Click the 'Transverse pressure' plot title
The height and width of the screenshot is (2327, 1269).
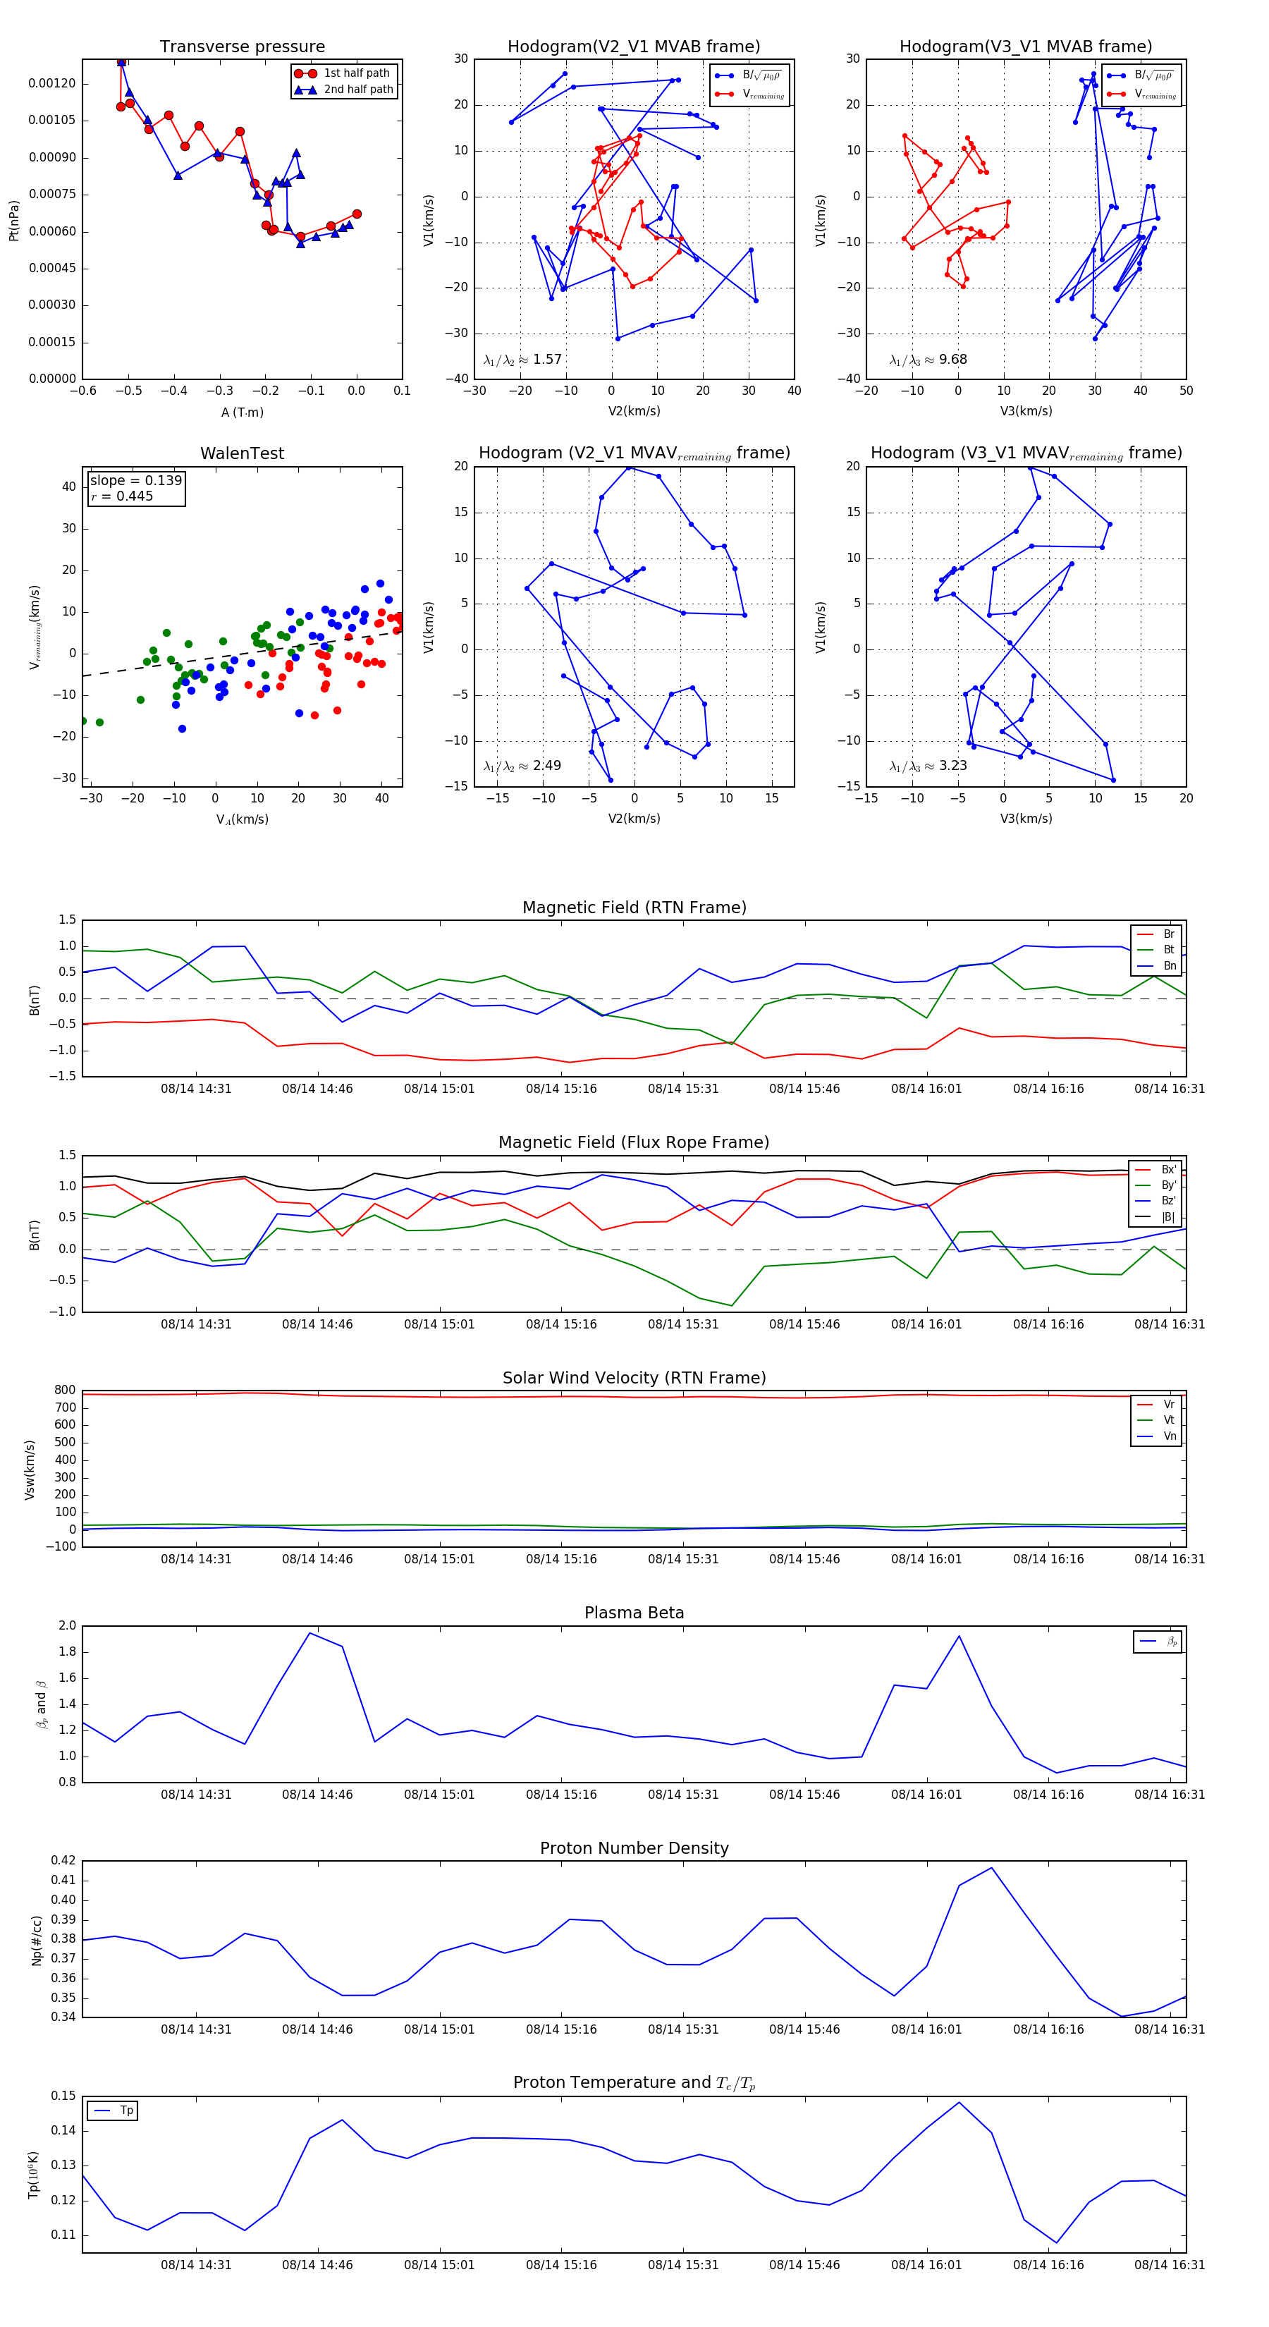242,47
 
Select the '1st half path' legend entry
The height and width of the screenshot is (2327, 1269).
356,73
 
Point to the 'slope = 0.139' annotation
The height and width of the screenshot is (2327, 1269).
135,481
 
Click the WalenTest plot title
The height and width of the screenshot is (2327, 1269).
242,453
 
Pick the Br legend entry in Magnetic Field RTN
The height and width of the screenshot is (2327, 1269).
1168,934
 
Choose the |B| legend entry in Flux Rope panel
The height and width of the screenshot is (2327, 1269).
1168,1217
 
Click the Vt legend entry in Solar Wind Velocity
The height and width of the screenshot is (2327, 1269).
1169,1420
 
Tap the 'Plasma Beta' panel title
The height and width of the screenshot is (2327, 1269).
634,1613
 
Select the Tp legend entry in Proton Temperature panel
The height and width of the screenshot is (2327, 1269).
126,2111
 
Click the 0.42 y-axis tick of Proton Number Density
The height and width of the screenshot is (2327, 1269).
63,1860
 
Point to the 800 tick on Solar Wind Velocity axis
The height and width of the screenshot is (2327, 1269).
65,1391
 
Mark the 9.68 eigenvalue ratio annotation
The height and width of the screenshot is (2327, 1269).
952,360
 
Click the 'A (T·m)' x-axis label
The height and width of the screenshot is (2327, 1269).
242,412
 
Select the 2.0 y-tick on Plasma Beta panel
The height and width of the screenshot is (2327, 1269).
67,1625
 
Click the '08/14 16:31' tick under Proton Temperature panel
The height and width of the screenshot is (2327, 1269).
1169,2265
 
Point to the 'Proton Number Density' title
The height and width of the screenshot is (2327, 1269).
634,1847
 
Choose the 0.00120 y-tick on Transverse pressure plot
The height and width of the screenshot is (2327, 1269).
51,83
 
